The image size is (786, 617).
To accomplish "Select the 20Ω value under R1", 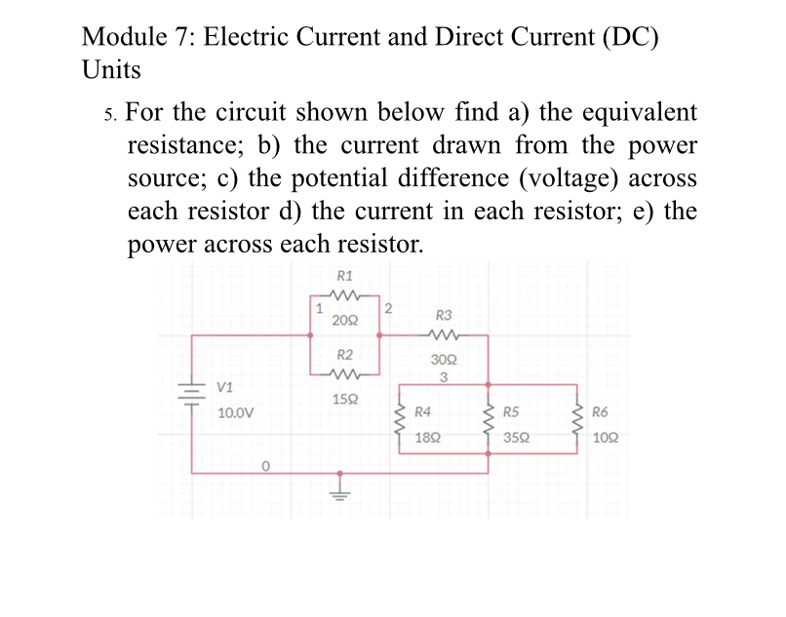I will (x=344, y=319).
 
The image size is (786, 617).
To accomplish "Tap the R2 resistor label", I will (x=344, y=354).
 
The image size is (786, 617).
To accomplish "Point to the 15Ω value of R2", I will (x=344, y=399).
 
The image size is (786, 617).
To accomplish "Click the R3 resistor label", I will (x=443, y=315).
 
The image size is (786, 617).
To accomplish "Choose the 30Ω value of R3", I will (x=443, y=360).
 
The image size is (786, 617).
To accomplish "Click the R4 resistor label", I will (x=423, y=412).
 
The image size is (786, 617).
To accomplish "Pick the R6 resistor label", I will (x=600, y=412).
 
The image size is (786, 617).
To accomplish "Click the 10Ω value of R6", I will (x=604, y=439).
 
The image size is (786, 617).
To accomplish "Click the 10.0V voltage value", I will (x=235, y=412).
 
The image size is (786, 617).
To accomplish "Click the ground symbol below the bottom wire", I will (x=339, y=489).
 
